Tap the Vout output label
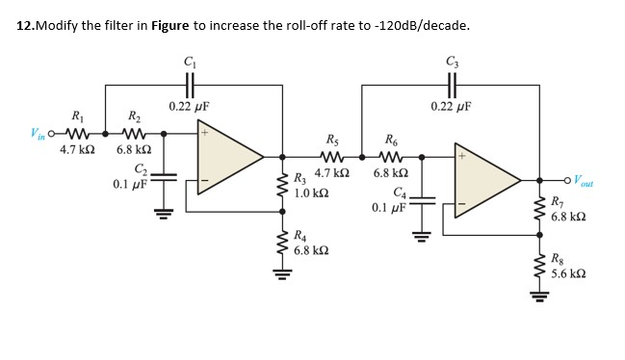(x=585, y=180)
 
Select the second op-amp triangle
(x=491, y=180)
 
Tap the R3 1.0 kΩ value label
(x=311, y=193)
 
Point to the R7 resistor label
(x=559, y=203)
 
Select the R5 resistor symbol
(x=332, y=156)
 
